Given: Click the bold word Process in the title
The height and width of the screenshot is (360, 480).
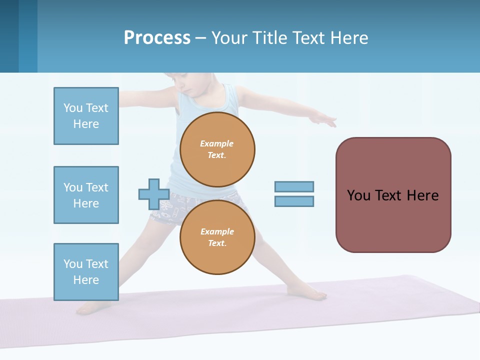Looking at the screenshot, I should tap(157, 37).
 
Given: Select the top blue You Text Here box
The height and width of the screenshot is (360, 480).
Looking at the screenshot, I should tap(86, 116).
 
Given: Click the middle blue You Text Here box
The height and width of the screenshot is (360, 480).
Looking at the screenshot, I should tap(86, 195).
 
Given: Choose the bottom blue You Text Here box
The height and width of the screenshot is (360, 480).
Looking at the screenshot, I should tap(86, 271).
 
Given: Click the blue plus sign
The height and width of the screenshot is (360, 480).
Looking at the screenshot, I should tap(153, 194).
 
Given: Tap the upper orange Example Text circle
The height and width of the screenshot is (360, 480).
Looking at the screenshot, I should tap(217, 149).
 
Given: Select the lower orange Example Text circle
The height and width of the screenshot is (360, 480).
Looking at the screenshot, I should tap(217, 237).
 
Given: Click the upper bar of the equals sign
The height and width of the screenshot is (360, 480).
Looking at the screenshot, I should tap(294, 186).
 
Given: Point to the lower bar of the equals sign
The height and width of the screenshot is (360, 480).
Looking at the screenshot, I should tap(294, 201).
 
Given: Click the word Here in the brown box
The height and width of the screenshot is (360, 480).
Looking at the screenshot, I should tap(422, 195).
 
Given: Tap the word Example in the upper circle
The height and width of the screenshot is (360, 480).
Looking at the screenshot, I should tap(217, 143).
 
